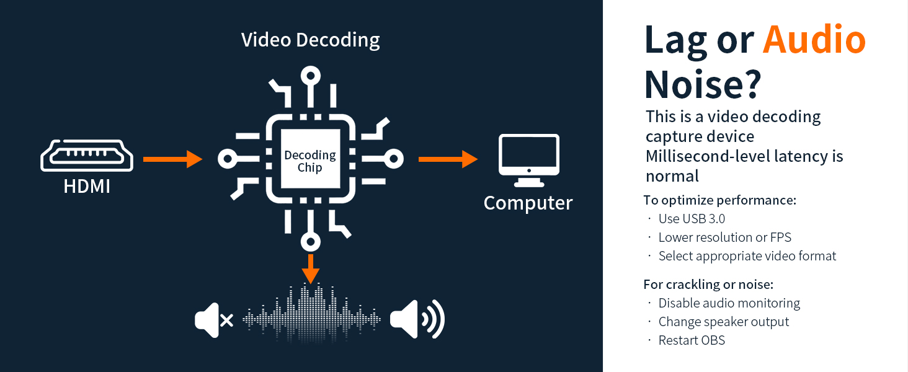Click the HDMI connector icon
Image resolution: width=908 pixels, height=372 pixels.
(x=87, y=156)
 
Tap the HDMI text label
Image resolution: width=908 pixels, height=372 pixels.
(x=87, y=185)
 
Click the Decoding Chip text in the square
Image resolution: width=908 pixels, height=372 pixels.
(x=310, y=161)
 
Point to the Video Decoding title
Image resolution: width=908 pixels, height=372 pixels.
(x=310, y=40)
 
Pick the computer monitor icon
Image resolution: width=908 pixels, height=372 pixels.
(x=529, y=160)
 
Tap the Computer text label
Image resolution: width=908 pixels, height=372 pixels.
(x=528, y=203)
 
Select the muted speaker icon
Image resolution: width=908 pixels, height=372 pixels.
(x=213, y=320)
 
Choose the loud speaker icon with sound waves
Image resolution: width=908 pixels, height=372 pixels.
(x=417, y=319)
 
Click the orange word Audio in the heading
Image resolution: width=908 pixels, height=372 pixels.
(x=814, y=40)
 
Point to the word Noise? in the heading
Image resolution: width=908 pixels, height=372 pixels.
(x=702, y=85)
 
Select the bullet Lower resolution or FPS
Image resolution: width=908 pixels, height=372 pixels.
(x=724, y=237)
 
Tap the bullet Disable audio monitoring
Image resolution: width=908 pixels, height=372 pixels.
(x=729, y=303)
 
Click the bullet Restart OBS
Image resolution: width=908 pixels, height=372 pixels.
(x=692, y=340)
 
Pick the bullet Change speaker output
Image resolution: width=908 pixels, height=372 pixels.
(x=723, y=322)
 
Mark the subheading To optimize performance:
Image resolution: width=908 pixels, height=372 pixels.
(x=719, y=200)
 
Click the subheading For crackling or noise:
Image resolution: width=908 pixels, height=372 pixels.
(x=708, y=285)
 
